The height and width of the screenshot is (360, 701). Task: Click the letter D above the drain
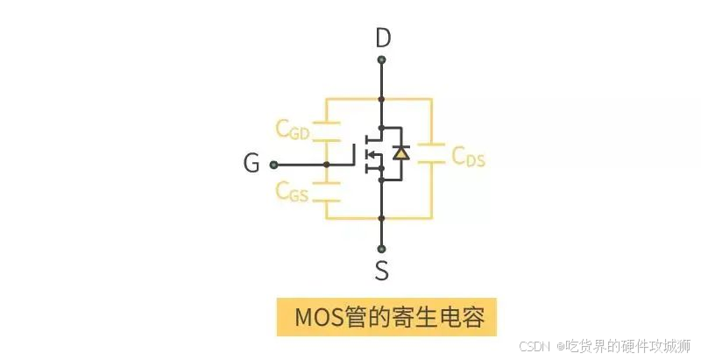[382, 39]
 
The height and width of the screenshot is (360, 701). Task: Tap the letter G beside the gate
[251, 164]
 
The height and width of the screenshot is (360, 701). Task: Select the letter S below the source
[382, 270]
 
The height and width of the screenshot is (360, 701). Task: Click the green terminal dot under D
[382, 60]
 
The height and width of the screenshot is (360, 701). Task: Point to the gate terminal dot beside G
[273, 164]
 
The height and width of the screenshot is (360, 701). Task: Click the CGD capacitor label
[292, 131]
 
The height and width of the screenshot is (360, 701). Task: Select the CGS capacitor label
[292, 190]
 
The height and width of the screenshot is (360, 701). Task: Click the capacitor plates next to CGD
[327, 131]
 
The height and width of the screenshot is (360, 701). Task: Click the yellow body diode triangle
[400, 153]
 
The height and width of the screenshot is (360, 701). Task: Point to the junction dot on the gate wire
[327, 164]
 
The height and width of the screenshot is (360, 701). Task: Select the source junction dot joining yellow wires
[382, 217]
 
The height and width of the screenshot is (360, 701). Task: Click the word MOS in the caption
[316, 315]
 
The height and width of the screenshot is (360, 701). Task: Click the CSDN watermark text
[536, 344]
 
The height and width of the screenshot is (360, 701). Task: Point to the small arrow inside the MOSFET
[372, 157]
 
